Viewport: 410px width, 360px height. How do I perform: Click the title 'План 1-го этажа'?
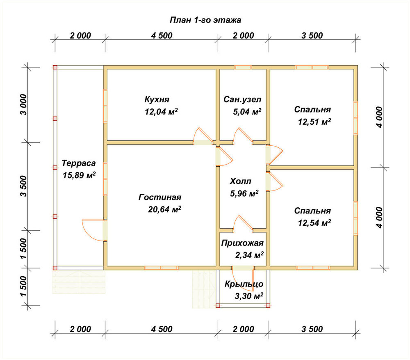coord(205,20)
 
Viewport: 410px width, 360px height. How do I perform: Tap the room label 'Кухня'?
coord(157,99)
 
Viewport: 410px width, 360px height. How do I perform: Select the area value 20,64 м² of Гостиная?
coord(164,209)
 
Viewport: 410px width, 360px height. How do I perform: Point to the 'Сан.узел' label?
coord(242,99)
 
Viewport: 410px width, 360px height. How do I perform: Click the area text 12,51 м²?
coord(314,122)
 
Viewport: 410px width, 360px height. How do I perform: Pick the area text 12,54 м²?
coord(314,223)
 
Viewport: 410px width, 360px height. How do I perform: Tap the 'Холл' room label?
coord(241,181)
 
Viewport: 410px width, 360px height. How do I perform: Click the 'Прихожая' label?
coord(242,243)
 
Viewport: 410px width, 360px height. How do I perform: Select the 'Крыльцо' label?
coord(244,284)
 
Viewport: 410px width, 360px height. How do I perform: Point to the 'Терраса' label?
coord(79,163)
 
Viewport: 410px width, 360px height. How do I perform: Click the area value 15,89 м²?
coord(79,175)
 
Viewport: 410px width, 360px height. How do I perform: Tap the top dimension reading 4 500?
coord(162,36)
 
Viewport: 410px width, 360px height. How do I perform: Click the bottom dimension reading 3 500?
coord(312,329)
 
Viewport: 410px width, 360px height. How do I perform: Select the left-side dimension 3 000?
coord(23,105)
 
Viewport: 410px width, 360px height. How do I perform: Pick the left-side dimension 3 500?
coord(23,186)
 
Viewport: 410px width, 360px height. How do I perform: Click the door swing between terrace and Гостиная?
coord(93,230)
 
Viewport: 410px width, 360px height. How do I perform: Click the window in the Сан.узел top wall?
coord(243,67)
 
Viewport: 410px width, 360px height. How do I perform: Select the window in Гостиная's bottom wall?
coord(161,268)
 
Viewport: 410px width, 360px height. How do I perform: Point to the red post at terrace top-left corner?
coord(55,67)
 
